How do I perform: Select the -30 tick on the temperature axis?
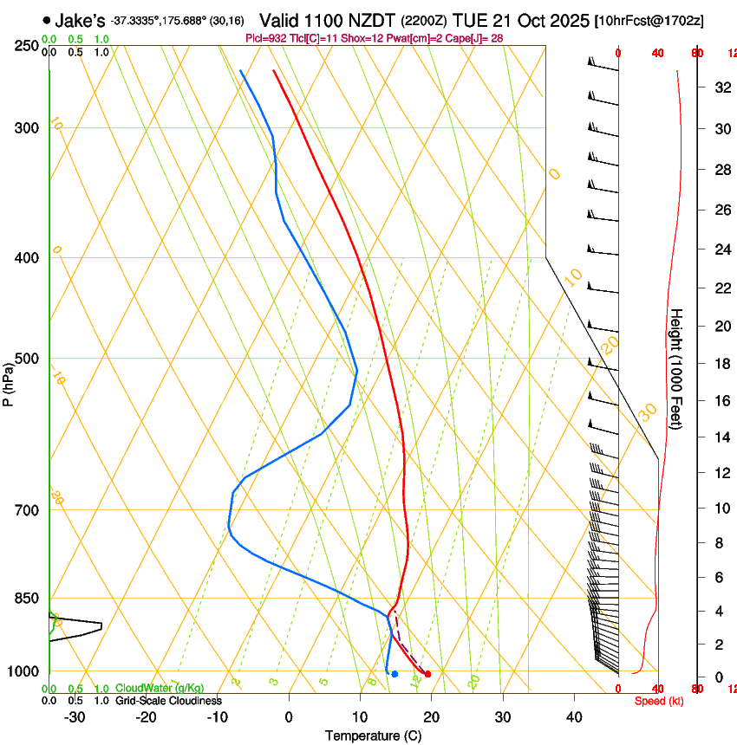coord(75,716)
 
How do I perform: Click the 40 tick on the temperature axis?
coord(574,716)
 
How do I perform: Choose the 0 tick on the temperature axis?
coord(289,716)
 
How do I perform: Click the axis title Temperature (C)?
coord(373,735)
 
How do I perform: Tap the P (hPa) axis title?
coord(9,379)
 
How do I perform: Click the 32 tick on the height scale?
coord(721,87)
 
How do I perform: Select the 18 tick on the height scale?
coord(721,364)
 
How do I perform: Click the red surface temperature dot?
coord(427,674)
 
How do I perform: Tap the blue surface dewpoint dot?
coord(395,674)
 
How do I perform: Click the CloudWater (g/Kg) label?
coord(160,688)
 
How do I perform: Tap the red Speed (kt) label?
coord(659,701)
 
